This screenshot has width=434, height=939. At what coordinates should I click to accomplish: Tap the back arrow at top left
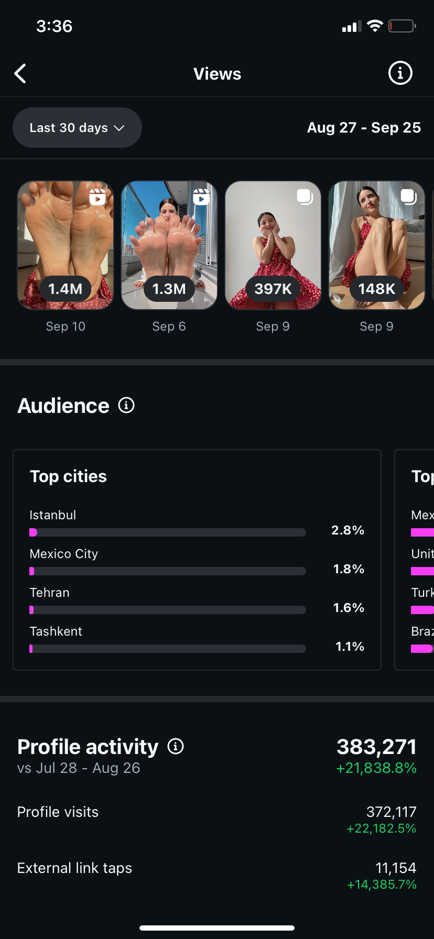(20, 74)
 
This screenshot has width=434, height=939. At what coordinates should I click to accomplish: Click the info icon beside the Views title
(400, 73)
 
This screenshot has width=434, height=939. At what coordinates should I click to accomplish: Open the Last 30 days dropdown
(77, 128)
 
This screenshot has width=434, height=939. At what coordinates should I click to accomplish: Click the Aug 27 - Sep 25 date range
(364, 128)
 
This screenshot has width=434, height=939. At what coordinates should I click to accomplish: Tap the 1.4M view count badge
(66, 289)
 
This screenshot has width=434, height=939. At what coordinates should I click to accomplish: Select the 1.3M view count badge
(169, 289)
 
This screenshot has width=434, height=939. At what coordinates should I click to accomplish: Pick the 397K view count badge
(273, 289)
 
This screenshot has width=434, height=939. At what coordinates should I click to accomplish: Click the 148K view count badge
(376, 289)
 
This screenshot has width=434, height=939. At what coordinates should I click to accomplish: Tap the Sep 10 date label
(66, 326)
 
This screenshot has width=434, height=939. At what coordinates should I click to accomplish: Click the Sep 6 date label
(169, 326)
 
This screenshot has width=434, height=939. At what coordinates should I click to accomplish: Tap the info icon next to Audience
(126, 405)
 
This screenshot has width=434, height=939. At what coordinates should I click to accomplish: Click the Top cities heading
(68, 476)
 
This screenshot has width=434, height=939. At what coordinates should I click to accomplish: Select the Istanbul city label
(53, 515)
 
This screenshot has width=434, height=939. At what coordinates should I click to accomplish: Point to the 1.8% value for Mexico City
(349, 569)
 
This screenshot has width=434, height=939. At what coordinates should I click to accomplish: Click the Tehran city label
(50, 593)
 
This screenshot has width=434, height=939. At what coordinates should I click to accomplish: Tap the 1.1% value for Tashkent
(350, 647)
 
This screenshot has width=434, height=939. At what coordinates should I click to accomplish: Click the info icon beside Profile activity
(176, 746)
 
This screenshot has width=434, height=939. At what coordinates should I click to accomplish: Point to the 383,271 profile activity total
(376, 747)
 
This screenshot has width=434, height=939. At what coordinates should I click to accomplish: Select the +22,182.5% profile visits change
(381, 828)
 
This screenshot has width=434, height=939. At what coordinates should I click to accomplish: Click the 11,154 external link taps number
(396, 868)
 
